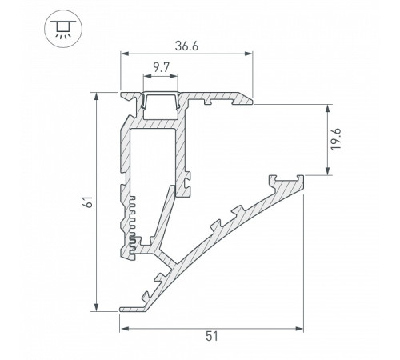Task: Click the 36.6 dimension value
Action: tap(186, 46)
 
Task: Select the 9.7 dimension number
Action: tap(162, 68)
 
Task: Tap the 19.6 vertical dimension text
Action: tap(336, 138)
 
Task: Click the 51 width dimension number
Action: tap(212, 336)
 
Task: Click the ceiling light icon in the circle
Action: tap(63, 29)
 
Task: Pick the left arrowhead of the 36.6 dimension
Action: tap(125, 54)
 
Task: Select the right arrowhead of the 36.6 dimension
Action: tap(249, 54)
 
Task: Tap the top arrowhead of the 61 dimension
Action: tap(97, 97)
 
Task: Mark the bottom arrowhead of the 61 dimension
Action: tap(97, 307)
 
